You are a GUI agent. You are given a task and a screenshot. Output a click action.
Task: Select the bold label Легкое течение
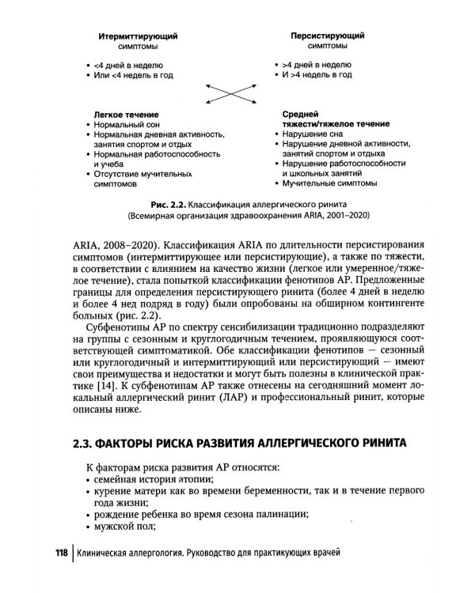120,114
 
